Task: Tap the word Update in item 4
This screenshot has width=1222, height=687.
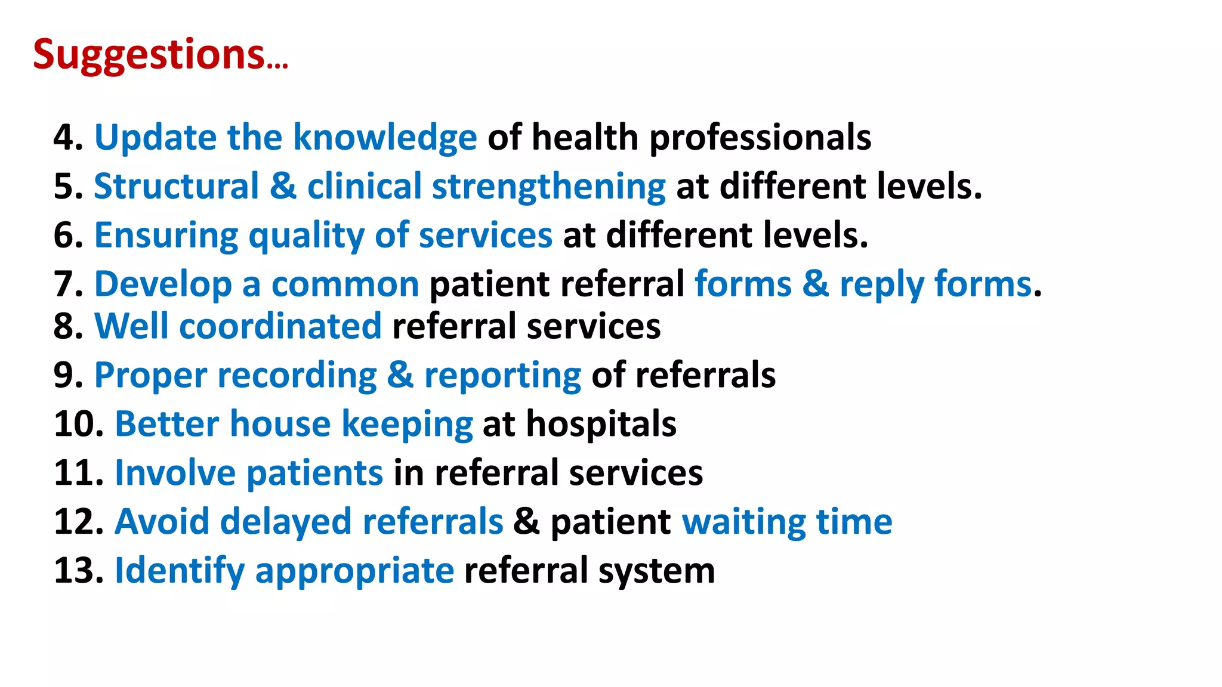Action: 155,138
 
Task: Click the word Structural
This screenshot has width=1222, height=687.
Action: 176,186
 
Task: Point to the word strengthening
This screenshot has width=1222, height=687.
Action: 548,186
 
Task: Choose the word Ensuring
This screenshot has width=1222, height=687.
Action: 166,235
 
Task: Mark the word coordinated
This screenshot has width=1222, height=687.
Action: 280,326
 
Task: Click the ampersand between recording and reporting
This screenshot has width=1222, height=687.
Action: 400,376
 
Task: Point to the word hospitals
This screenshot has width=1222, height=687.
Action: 601,425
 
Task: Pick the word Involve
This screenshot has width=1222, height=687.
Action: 175,474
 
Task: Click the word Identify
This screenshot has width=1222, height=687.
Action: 179,571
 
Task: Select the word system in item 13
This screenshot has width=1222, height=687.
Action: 656,571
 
